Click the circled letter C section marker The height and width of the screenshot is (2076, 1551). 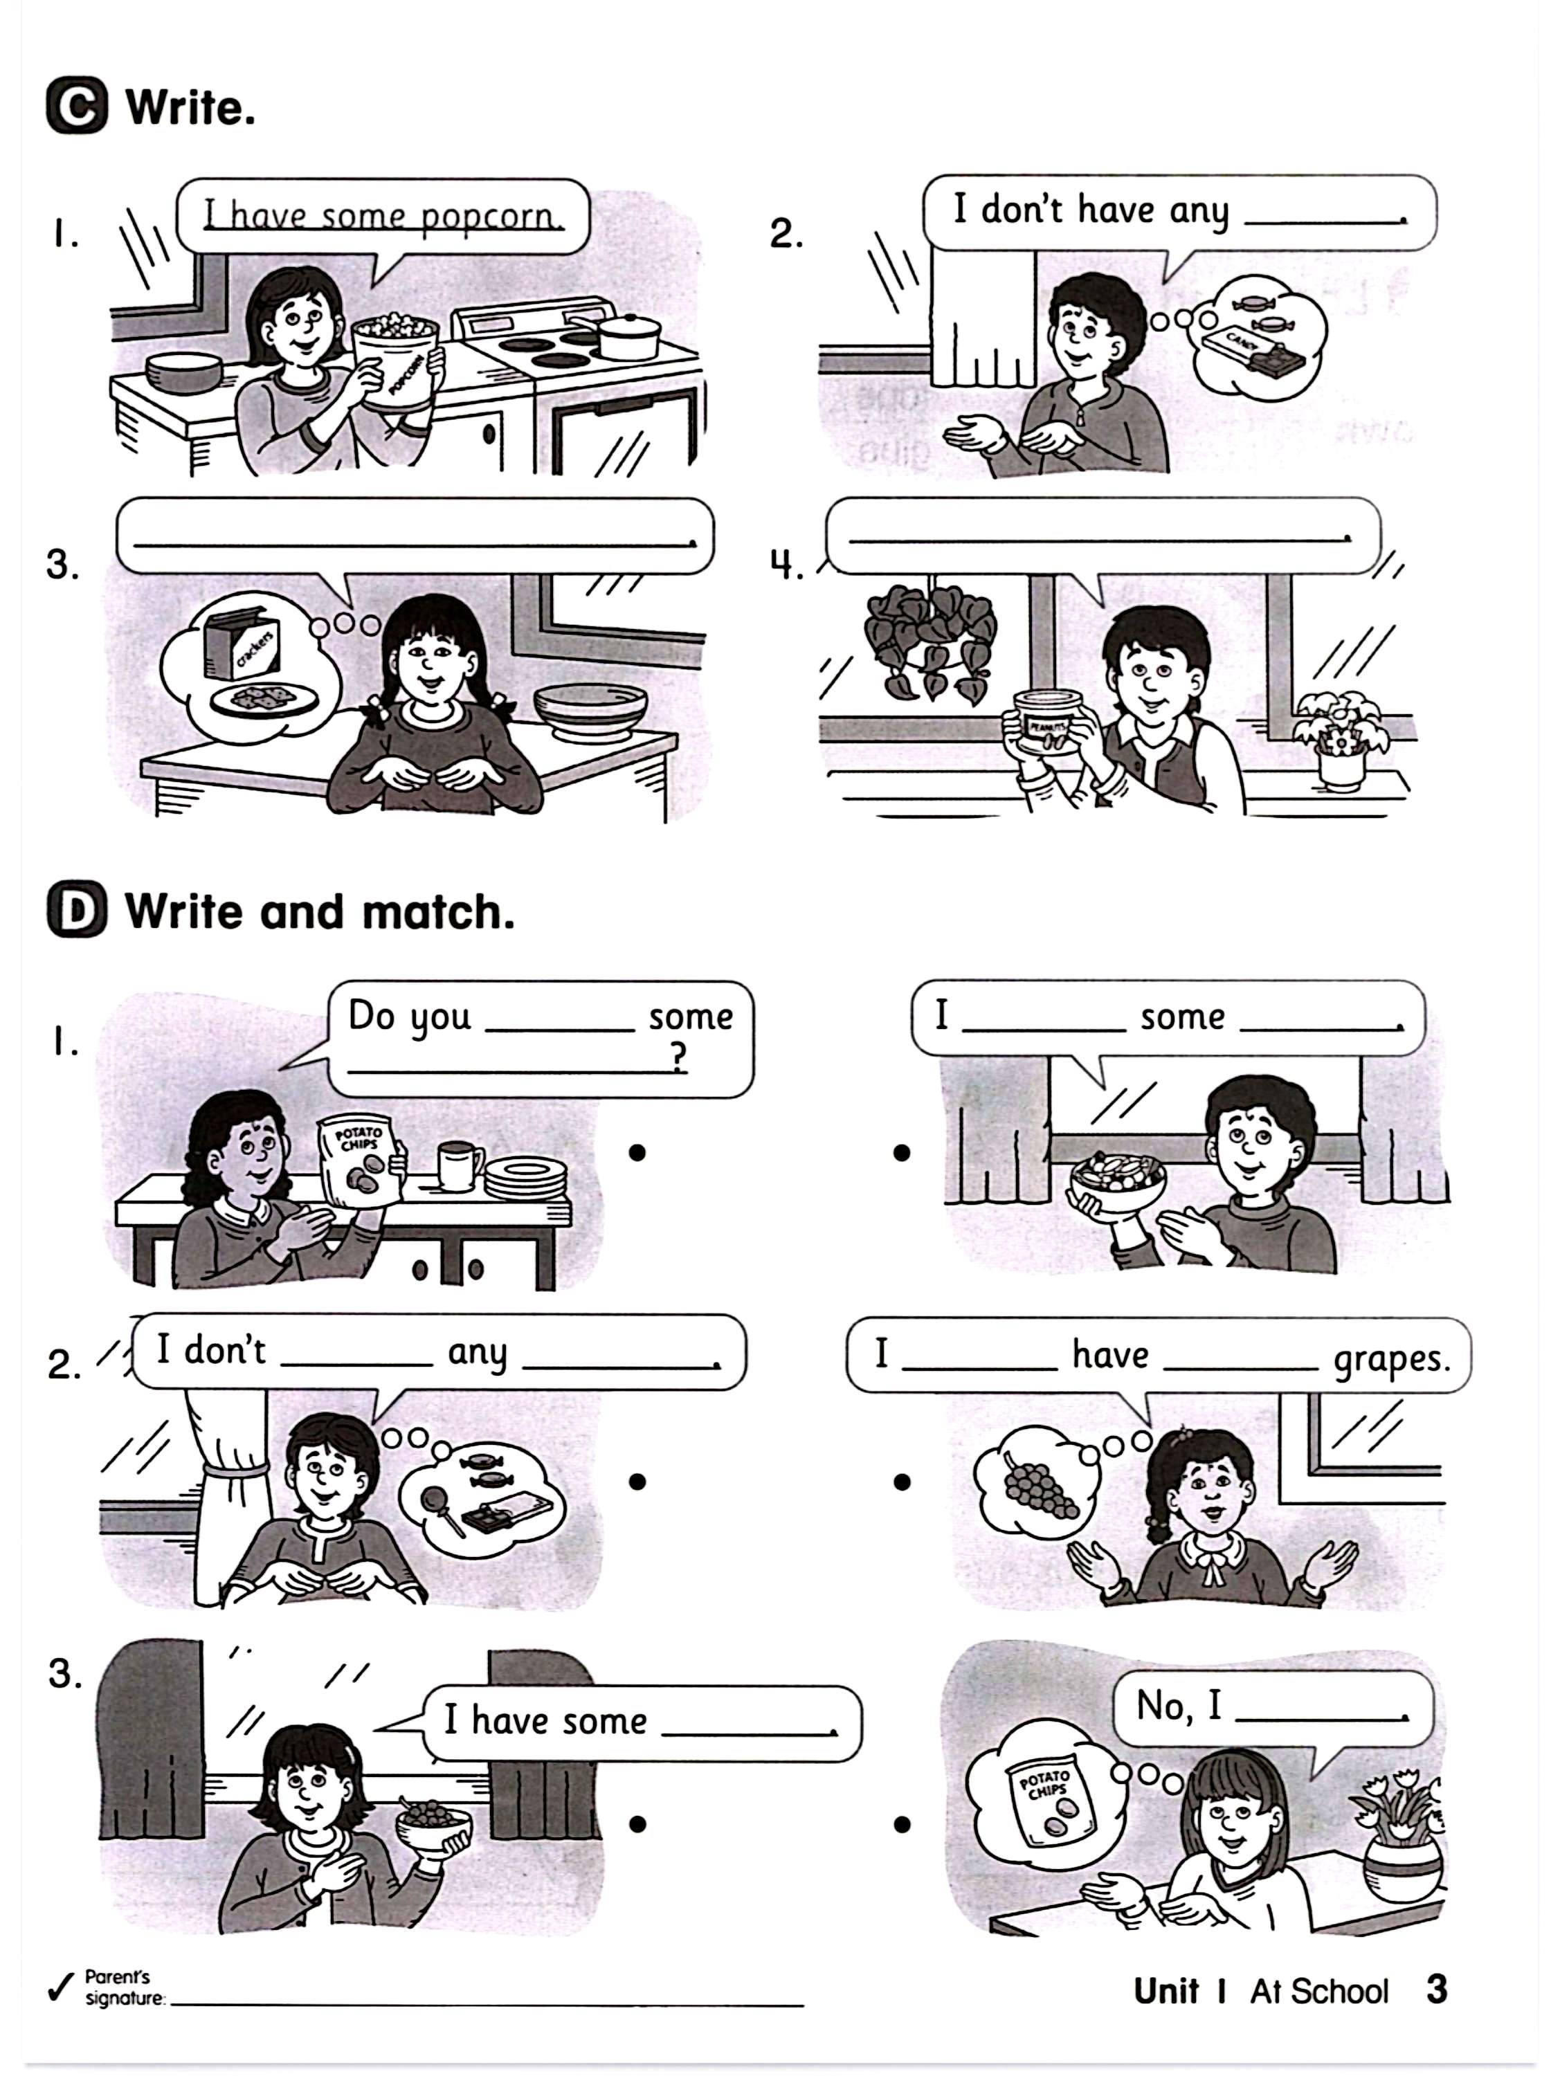(76, 108)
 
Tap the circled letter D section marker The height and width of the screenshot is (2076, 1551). (76, 911)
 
